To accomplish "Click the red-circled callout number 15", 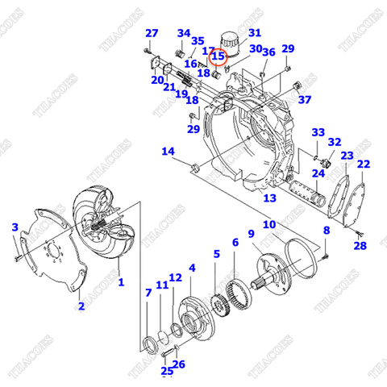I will [x=218, y=56].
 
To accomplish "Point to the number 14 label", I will [x=168, y=152].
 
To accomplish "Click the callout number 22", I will [x=364, y=164].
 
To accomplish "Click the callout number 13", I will [x=269, y=198].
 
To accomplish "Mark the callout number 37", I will [x=304, y=100].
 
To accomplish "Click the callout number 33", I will [x=318, y=132].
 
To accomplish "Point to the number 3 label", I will [x=14, y=228].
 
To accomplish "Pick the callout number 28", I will [x=360, y=246].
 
